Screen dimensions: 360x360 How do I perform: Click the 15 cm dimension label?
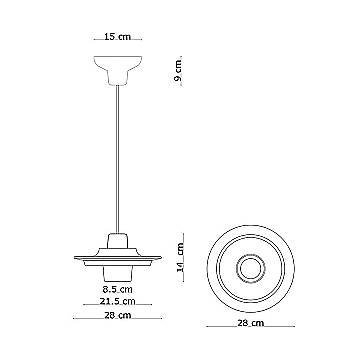(x=118, y=36)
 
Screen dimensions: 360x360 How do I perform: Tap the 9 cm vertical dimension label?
(x=178, y=70)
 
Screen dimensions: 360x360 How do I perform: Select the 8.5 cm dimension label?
(x=118, y=289)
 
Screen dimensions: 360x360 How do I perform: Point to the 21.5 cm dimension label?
(x=118, y=301)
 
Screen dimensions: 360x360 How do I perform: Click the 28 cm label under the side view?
(x=118, y=315)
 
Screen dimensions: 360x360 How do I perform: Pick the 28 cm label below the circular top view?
(x=250, y=323)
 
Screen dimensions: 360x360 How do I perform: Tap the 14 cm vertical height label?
(x=180, y=257)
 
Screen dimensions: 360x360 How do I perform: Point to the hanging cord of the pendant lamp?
(x=117, y=159)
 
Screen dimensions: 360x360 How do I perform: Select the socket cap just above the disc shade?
(x=117, y=240)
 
